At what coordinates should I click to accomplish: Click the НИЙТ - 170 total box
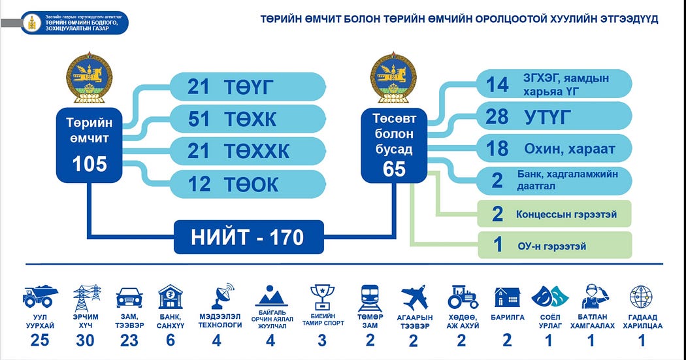point(248,237)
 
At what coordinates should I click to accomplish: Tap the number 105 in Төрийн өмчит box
point(90,163)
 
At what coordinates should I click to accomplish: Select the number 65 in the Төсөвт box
point(395,169)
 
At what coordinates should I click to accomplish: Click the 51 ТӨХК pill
point(248,119)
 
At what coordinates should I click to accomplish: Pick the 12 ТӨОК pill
point(248,184)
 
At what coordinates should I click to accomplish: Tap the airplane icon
point(415,297)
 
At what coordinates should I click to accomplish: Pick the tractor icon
point(463,298)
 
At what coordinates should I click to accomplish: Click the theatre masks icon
point(548,297)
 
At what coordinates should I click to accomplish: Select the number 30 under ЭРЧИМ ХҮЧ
point(86,340)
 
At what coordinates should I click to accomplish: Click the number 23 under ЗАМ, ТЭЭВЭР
point(129,340)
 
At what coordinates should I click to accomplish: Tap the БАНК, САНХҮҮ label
point(171,321)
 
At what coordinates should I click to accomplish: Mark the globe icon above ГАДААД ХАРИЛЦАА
point(641,297)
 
